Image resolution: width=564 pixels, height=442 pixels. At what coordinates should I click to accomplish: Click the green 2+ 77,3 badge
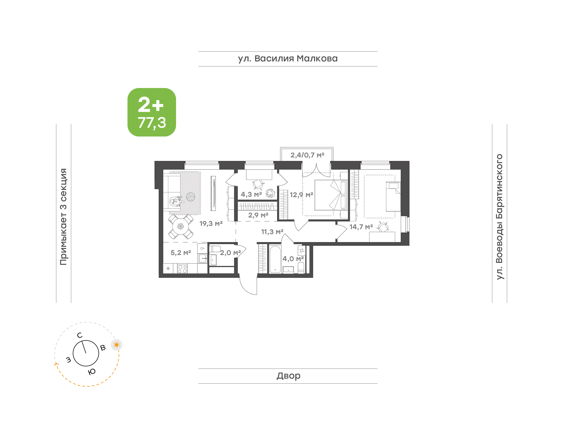(152, 112)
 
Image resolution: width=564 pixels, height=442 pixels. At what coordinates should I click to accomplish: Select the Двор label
(288, 376)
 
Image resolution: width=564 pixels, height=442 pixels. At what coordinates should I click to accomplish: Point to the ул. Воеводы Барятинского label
(499, 217)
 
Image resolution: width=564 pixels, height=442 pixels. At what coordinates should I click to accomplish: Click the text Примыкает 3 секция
(63, 217)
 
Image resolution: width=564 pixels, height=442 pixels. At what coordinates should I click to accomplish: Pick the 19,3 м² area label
(211, 223)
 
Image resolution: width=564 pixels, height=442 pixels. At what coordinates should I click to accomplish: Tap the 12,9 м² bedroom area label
(301, 195)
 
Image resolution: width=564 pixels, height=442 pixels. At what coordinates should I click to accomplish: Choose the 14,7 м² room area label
(361, 227)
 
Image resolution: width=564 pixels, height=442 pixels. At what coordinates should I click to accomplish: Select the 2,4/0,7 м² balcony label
(307, 155)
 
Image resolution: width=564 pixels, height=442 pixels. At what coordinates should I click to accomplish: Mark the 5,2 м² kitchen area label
(181, 252)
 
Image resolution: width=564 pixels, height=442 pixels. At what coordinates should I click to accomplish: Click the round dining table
(181, 227)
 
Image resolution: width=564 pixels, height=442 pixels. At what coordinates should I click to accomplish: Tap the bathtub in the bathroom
(275, 259)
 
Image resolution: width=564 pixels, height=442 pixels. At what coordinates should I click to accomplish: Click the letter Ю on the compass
(92, 372)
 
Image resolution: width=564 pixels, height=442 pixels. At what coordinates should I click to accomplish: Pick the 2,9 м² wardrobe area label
(258, 215)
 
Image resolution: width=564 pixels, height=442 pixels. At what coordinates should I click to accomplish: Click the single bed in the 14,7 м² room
(393, 197)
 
